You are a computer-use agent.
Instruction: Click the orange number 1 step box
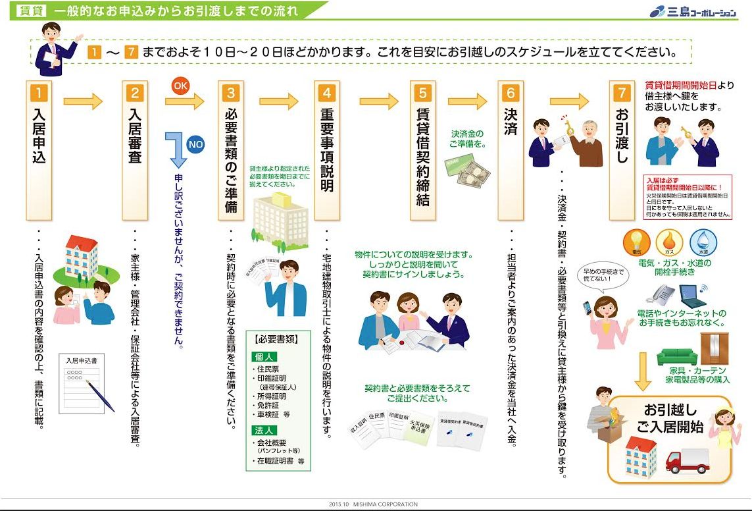click(38, 94)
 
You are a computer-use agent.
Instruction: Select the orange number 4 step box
click(327, 94)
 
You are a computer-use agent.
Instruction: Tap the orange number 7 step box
click(622, 94)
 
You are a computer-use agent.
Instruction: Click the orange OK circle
click(181, 86)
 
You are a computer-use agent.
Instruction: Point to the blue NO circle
click(195, 144)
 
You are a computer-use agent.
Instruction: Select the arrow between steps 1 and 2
click(83, 101)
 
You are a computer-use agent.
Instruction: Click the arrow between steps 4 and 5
click(379, 101)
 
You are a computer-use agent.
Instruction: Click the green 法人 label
click(261, 430)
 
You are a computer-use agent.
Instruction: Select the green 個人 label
click(261, 356)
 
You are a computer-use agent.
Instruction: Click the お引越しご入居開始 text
click(670, 418)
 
